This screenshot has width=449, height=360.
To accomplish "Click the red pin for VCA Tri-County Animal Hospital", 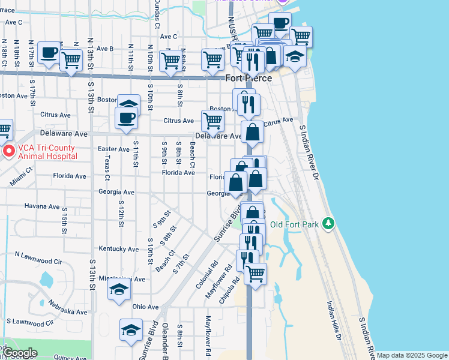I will tap(9, 151).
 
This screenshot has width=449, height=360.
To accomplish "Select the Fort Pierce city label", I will tap(249, 78).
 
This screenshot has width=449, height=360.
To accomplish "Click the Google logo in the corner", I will tap(19, 353).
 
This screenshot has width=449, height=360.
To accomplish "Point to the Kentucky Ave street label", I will tap(118, 248).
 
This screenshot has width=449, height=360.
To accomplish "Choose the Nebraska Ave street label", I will tap(69, 312).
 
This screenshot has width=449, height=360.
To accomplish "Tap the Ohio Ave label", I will tap(145, 306).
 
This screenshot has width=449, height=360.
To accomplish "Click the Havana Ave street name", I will tap(43, 206).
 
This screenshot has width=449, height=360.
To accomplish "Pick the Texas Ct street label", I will tap(107, 169).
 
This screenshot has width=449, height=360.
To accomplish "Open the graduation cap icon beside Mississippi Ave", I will tap(119, 289).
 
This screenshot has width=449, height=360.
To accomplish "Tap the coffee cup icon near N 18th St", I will tap(49, 52).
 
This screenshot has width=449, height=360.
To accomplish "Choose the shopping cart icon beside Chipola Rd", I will tap(256, 274).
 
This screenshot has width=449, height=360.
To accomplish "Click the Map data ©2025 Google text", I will tap(411, 355).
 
